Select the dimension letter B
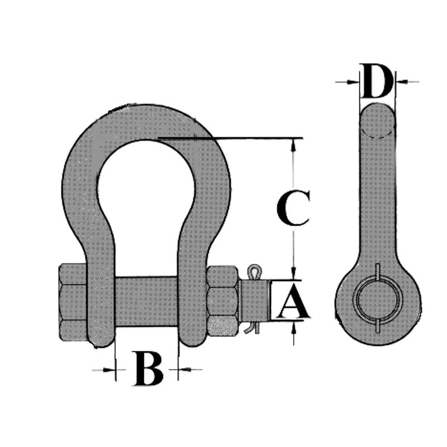(149, 369)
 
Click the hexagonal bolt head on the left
(73, 302)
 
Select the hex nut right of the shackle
(223, 301)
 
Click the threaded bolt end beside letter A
(254, 301)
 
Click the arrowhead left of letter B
(109, 370)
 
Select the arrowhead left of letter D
(353, 82)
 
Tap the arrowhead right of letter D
(401, 82)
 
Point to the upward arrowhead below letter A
(294, 327)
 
